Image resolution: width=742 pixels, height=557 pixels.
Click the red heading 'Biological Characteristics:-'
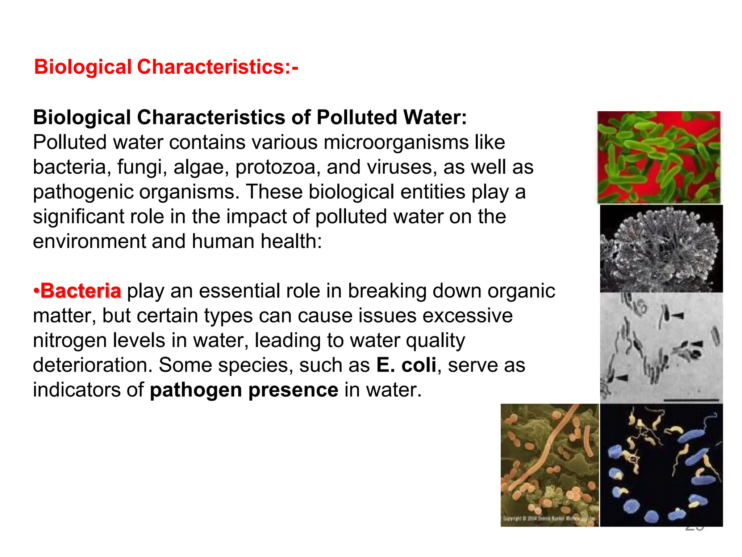pyautogui.click(x=166, y=67)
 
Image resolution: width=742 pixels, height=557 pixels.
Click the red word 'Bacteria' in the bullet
pyautogui.click(x=80, y=291)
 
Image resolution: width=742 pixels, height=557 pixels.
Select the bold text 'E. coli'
pyautogui.click(x=406, y=365)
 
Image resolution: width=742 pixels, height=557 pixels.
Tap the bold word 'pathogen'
pyautogui.click(x=196, y=390)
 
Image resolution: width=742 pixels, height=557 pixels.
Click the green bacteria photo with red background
pyautogui.click(x=659, y=157)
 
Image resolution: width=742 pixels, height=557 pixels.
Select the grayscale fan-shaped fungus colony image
pyautogui.click(x=661, y=249)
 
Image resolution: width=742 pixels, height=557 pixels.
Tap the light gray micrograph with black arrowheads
pyautogui.click(x=661, y=347)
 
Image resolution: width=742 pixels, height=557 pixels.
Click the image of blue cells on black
pyautogui.click(x=661, y=465)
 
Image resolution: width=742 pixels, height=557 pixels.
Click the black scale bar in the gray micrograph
pyautogui.click(x=691, y=400)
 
